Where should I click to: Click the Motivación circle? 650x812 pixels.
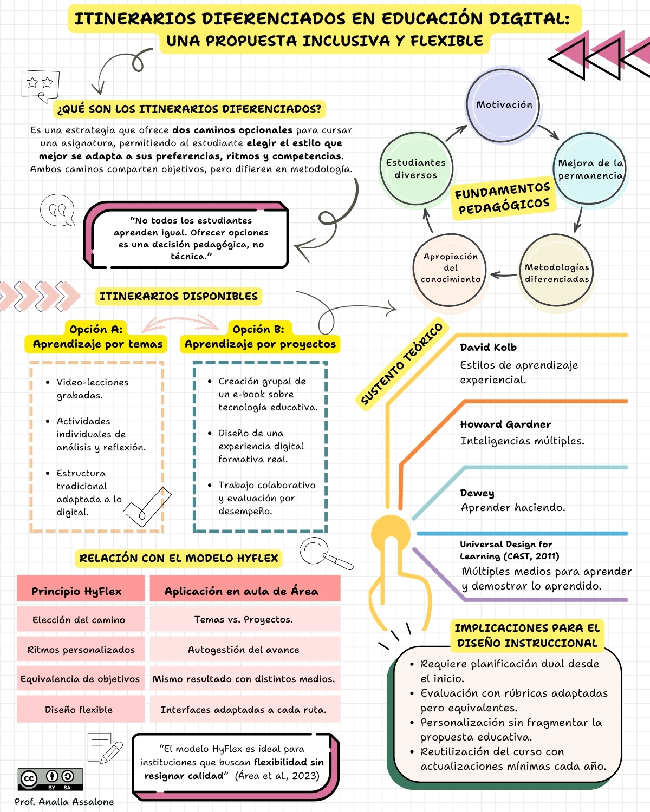(503, 105)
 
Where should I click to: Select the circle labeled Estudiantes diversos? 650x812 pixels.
(416, 168)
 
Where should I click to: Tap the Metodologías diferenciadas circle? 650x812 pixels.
(556, 270)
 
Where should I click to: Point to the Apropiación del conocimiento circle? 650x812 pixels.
(450, 270)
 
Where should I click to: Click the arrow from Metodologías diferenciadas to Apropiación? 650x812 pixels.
(503, 275)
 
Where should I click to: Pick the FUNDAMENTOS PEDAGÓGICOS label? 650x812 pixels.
(503, 198)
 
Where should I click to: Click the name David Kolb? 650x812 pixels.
(488, 347)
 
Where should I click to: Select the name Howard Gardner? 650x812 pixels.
(505, 424)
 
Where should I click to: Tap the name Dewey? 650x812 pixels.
(477, 493)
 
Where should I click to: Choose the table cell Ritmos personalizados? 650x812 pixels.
(81, 650)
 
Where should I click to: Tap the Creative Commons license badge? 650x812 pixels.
(50, 779)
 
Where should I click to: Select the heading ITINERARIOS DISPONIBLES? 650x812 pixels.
(178, 296)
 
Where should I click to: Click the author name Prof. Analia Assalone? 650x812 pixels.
(64, 802)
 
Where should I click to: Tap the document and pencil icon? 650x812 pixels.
(105, 748)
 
